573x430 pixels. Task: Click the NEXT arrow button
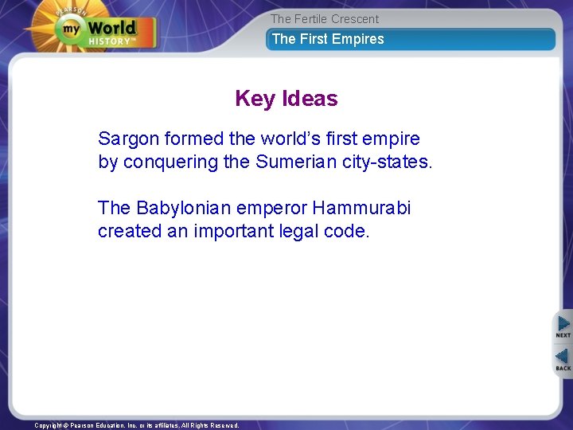(563, 326)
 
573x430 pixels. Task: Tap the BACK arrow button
(563, 360)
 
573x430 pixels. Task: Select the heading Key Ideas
(286, 99)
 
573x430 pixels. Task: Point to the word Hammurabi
(361, 209)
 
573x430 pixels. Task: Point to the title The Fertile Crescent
(325, 19)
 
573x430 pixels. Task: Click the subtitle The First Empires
(328, 39)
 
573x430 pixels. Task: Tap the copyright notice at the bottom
(137, 425)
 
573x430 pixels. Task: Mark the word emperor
(270, 209)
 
